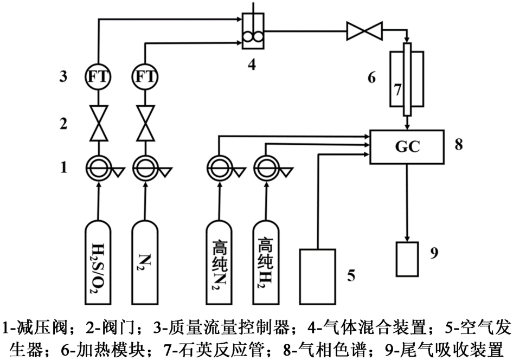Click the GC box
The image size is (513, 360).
[x=407, y=147]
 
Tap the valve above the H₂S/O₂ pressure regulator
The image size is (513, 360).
[x=99, y=124]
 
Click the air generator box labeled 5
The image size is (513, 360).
[x=318, y=276]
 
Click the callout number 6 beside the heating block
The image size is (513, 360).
[x=372, y=78]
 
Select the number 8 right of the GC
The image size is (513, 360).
[x=459, y=145]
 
